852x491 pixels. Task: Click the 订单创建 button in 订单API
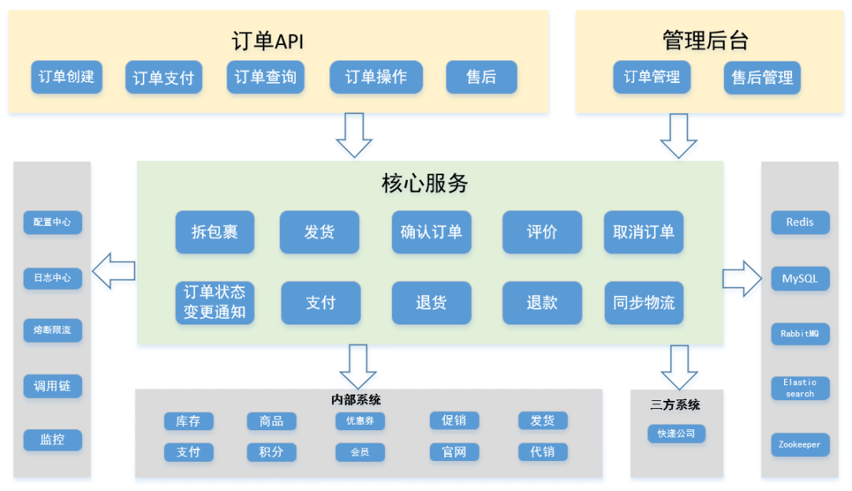66,77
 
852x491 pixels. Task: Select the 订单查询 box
265,77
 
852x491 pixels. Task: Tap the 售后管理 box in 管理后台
762,78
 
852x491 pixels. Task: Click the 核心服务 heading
425,184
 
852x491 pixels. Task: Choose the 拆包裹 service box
215,232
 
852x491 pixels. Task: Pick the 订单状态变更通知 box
215,302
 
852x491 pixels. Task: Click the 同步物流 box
644,302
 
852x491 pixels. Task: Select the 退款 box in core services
542,302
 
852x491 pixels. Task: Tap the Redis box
800,223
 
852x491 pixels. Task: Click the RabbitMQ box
800,334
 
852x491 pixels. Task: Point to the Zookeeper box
800,444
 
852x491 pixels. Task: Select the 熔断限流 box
52,330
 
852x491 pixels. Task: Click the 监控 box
52,440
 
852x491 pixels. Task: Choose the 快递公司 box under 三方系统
676,433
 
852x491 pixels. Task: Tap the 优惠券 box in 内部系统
360,422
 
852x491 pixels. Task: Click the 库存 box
188,422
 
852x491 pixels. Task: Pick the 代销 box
543,452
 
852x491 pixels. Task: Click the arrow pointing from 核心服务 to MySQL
742,279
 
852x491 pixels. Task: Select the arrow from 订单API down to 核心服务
354,135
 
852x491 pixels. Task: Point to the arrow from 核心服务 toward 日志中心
114,272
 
